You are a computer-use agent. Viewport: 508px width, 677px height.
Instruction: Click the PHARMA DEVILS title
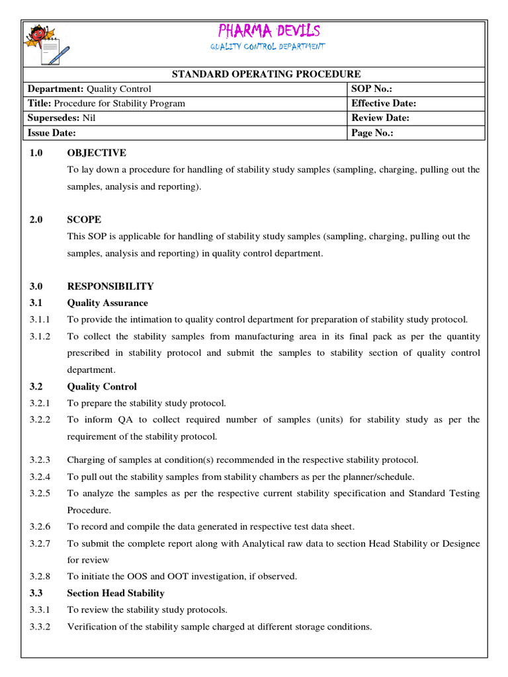click(268, 30)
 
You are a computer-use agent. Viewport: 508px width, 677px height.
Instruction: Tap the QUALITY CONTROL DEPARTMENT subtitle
click(268, 47)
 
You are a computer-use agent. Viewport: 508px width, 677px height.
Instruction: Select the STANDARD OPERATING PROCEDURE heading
click(267, 74)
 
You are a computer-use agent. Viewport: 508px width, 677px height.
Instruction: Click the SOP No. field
click(416, 89)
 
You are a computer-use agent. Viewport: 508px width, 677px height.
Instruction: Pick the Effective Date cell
click(416, 103)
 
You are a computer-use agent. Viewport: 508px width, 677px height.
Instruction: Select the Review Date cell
click(416, 118)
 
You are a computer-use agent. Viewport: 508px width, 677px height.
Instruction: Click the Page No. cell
click(416, 132)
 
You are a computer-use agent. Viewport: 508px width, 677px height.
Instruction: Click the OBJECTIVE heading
click(97, 153)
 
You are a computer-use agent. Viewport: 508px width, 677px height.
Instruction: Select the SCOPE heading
click(84, 219)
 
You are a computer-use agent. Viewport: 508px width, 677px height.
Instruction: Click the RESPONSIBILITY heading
click(110, 286)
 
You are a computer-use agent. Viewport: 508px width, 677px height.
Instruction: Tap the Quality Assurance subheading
click(108, 303)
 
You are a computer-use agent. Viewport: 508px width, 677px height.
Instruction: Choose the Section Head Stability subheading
click(116, 593)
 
